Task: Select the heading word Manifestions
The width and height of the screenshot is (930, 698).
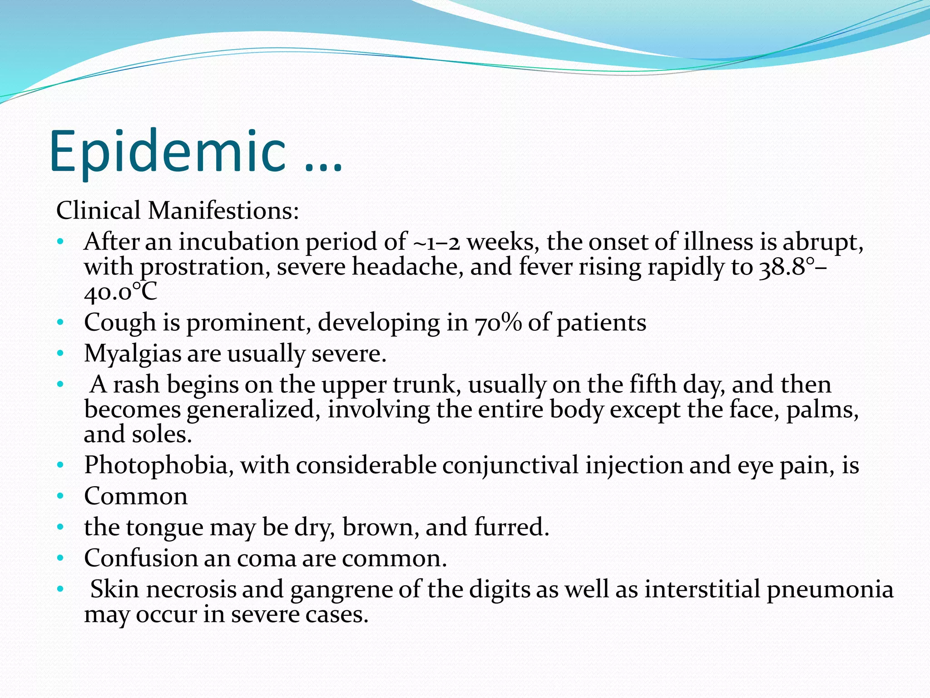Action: coord(223,211)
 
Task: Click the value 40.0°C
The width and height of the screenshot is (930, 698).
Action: coord(120,292)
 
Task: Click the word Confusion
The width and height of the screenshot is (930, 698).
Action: coord(140,558)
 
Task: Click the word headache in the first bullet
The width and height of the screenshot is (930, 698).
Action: coord(408,267)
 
